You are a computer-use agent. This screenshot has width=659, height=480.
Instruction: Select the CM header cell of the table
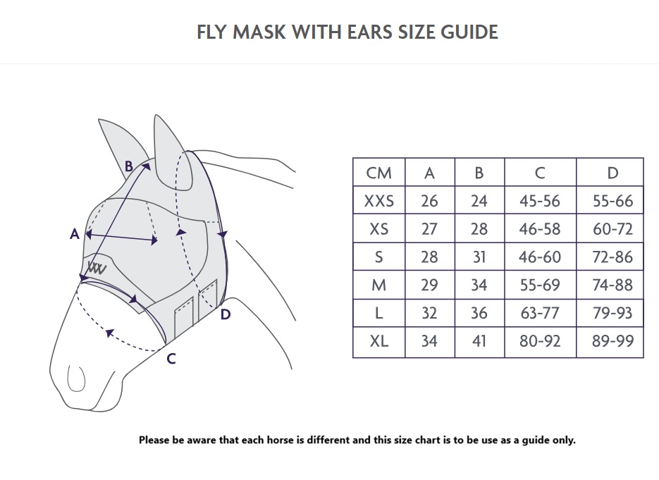click(x=378, y=173)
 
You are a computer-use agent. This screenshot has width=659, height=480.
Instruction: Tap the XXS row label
click(x=378, y=201)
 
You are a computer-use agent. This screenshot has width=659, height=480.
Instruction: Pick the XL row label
click(x=378, y=341)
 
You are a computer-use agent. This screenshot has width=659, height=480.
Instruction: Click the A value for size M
click(x=429, y=285)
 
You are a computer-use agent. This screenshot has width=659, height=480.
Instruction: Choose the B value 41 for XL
click(x=479, y=341)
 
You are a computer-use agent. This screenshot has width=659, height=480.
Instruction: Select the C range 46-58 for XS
click(x=540, y=229)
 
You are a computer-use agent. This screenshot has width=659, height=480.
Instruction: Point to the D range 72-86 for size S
click(x=612, y=257)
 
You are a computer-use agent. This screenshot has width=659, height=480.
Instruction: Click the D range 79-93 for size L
click(x=612, y=313)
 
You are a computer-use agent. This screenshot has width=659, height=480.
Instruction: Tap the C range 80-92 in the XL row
click(x=540, y=341)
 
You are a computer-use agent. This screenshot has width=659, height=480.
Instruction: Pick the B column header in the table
click(x=479, y=173)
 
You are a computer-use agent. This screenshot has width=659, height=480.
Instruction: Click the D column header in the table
click(x=612, y=173)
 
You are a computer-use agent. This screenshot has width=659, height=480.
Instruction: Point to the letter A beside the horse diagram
click(x=75, y=234)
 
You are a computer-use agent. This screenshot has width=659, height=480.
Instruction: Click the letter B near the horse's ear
click(x=128, y=166)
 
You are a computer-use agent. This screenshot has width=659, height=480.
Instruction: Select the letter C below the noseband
click(x=171, y=359)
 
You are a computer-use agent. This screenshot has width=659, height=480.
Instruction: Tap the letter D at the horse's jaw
click(x=226, y=314)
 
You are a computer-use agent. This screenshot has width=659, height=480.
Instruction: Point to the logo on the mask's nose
click(x=97, y=268)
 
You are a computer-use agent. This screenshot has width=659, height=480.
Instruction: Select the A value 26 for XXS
click(x=429, y=201)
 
